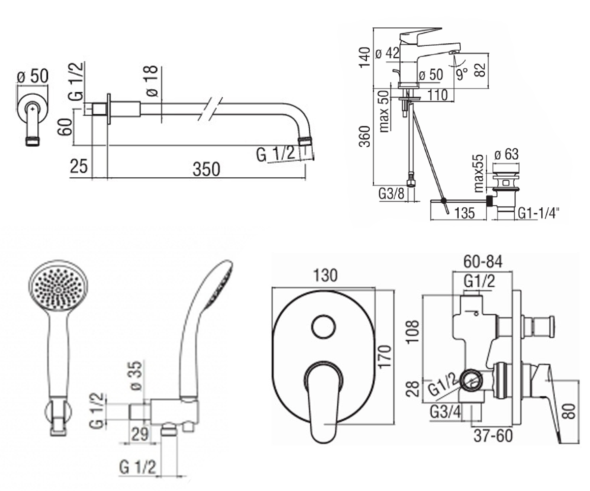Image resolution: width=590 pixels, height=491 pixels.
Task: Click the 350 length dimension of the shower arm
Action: coord(206,169)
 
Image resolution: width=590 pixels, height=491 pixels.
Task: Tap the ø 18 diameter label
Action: coord(152,82)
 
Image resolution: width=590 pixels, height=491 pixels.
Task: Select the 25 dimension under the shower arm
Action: coord(79,166)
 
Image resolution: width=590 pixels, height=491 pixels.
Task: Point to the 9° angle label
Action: coord(462,74)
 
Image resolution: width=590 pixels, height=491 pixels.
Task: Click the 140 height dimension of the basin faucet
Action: coord(364,57)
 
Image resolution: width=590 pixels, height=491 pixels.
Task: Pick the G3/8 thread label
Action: coord(391,194)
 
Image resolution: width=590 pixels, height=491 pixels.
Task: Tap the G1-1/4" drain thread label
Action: coord(538,213)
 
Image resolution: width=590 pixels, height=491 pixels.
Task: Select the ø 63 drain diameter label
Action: coord(506,154)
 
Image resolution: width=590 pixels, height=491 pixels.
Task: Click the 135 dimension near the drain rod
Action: coord(464,213)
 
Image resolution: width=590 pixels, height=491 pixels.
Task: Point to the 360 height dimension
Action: coord(364,136)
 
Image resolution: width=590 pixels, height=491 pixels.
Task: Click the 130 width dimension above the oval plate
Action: coord(325,275)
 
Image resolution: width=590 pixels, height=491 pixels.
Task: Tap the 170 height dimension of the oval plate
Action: coord(384,356)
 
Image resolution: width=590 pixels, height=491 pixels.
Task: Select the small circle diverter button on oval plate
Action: coord(324,327)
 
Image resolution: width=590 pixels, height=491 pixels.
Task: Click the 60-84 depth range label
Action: coord(483,262)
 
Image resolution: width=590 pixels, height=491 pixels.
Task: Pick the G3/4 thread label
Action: coord(445,412)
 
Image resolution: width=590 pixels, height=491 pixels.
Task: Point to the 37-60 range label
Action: coord(493,436)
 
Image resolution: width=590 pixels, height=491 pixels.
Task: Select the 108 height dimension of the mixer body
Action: coord(413,331)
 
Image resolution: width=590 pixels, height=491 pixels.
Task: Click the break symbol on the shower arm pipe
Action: coord(210,109)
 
